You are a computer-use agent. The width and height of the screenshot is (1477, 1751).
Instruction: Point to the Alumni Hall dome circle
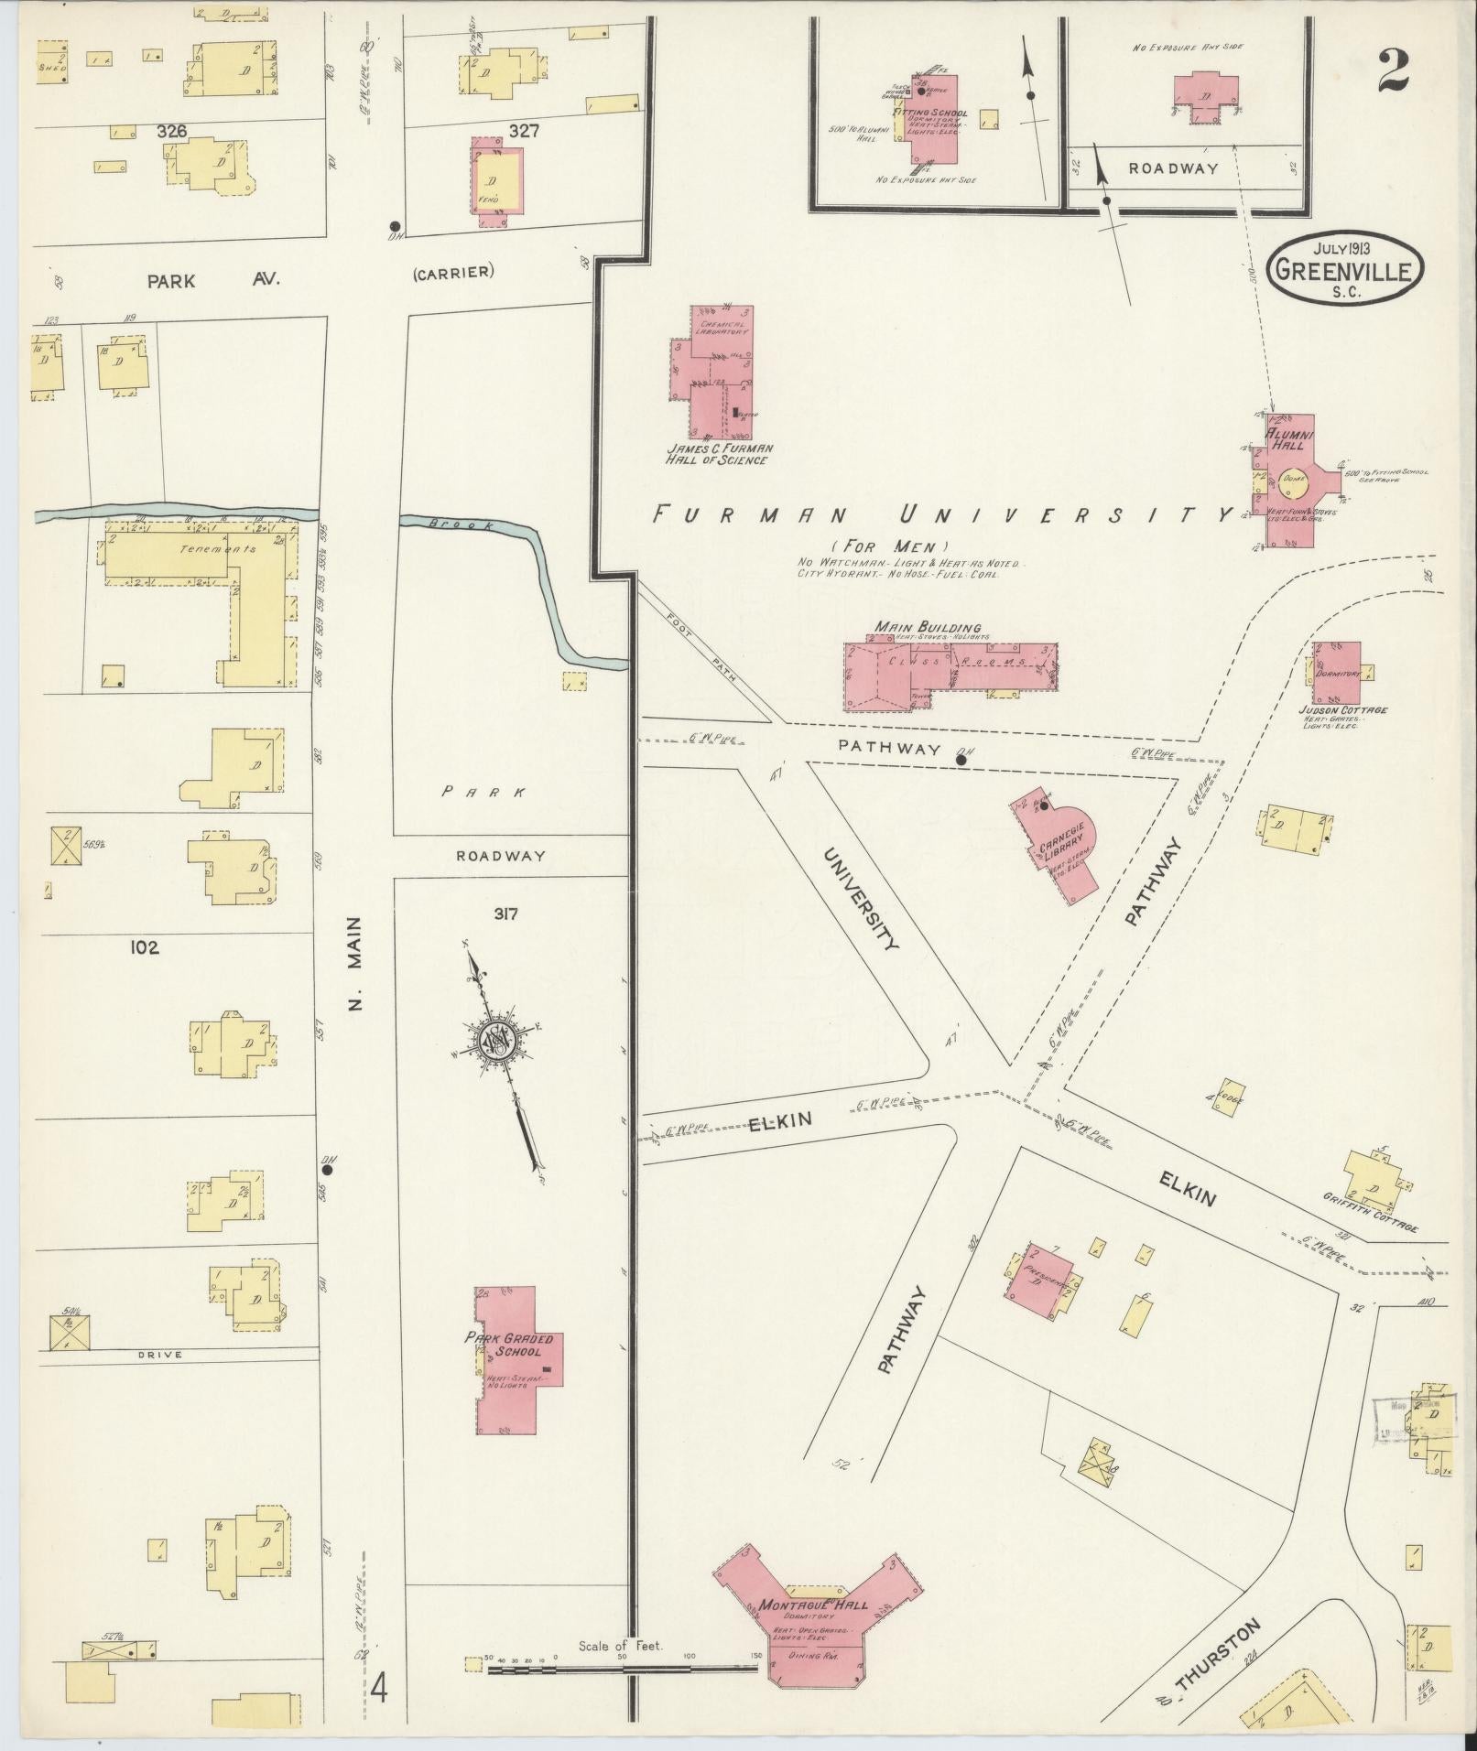pos(1294,478)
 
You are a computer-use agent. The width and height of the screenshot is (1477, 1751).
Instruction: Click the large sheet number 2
pos(1392,70)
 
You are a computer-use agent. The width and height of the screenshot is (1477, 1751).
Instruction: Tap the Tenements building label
pos(194,549)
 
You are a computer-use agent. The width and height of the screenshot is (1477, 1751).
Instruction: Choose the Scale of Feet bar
pos(623,1029)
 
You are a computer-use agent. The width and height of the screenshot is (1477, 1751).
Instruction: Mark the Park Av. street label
pos(171,281)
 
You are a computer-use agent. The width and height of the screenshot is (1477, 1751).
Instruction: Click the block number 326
pos(171,132)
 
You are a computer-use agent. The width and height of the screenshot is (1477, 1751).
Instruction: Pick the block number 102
pos(144,947)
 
